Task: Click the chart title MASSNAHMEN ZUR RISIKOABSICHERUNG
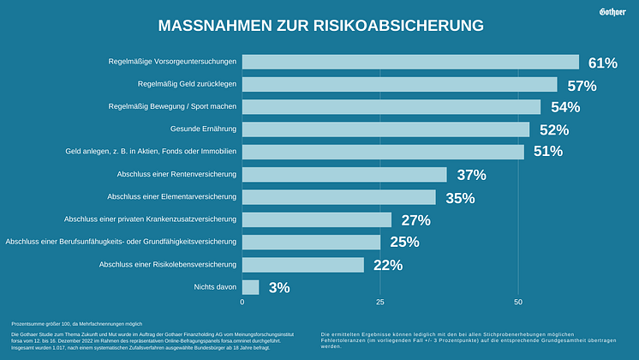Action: click(x=315, y=26)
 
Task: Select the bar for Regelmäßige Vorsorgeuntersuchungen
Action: click(x=410, y=62)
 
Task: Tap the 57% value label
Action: click(x=582, y=85)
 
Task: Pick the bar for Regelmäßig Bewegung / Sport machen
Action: click(x=391, y=107)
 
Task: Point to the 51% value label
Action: click(x=548, y=152)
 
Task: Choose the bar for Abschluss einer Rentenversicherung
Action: click(x=344, y=175)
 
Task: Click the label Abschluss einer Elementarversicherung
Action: click(x=177, y=197)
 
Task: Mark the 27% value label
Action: click(x=415, y=219)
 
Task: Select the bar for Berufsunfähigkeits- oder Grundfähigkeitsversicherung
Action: click(x=311, y=242)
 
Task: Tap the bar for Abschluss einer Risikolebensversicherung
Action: click(x=302, y=265)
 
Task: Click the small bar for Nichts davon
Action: click(x=250, y=287)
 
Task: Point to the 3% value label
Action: click(x=279, y=288)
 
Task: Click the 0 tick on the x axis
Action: click(x=242, y=303)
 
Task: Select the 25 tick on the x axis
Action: click(x=380, y=303)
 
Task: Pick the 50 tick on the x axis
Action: click(x=518, y=303)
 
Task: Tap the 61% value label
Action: click(x=602, y=63)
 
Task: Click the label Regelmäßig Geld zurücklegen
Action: click(x=187, y=84)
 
